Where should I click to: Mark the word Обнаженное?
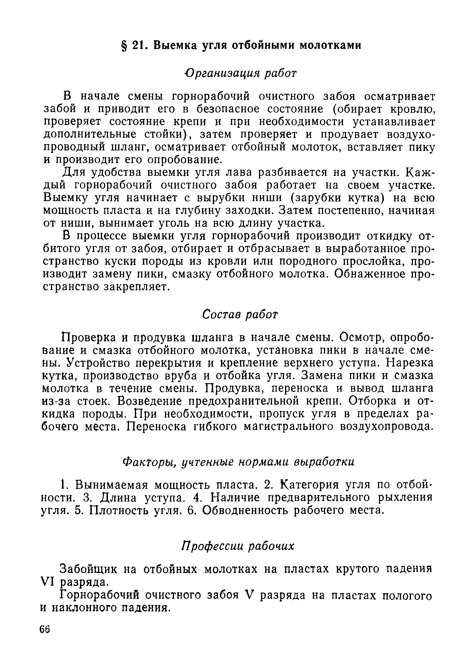click(372, 274)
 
